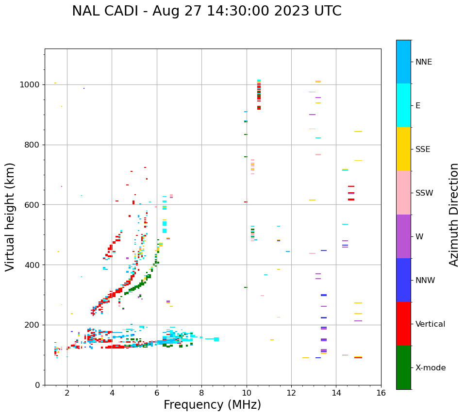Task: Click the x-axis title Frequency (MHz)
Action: tap(212, 405)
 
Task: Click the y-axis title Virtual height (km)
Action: tap(10, 217)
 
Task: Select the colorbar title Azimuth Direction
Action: tap(454, 215)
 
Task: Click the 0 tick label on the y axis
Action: tap(38, 385)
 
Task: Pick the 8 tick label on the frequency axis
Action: tap(201, 392)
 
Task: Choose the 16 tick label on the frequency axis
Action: tap(381, 392)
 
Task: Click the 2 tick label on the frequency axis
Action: tap(67, 392)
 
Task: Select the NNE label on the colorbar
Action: tap(423, 62)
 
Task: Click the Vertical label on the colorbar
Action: tap(430, 324)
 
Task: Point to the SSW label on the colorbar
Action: tap(424, 193)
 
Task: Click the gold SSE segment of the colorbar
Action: tap(403, 149)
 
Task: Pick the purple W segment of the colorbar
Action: tap(403, 236)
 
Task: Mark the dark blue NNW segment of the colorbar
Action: tap(403, 280)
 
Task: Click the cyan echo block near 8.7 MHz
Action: tap(216, 339)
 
